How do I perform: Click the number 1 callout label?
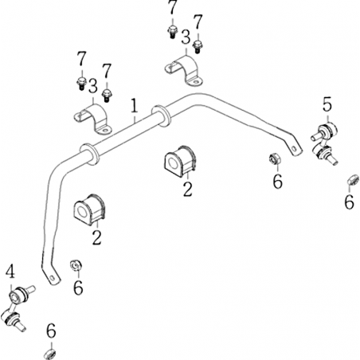[x=135, y=106]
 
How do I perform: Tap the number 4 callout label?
[x=10, y=272]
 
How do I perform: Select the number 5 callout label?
[x=327, y=104]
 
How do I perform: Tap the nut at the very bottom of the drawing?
[x=49, y=354]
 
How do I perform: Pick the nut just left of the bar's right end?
[x=274, y=158]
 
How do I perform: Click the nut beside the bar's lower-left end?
[x=76, y=264]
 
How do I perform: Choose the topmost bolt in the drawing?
[x=173, y=32]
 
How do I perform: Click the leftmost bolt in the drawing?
[x=81, y=83]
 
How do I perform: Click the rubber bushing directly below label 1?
[x=179, y=162]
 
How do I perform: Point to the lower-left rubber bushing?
[x=89, y=209]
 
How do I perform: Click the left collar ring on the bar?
[x=88, y=155]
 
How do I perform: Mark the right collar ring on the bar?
[x=161, y=116]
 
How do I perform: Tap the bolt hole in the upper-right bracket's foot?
[x=196, y=82]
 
